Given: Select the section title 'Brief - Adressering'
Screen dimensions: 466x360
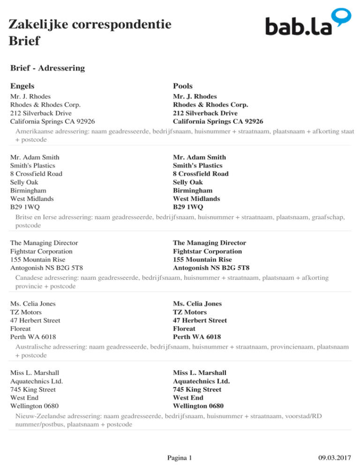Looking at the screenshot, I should pos(47,68).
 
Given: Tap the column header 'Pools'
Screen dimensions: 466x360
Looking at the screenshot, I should pos(183,86).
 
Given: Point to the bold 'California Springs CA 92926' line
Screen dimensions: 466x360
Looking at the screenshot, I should pos(218,122).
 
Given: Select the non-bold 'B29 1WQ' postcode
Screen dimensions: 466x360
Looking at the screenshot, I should pos(25,207).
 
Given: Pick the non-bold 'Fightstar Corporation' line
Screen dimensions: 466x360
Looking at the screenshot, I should pos(41,252).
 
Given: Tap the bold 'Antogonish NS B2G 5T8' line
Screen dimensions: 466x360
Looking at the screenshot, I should pos(211,269).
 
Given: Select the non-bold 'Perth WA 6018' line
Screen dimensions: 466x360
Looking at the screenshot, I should pos(33,337).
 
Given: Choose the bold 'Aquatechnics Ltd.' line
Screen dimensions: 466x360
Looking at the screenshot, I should pos(201,381).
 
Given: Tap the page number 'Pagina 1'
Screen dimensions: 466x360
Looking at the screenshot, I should pos(180,457).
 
